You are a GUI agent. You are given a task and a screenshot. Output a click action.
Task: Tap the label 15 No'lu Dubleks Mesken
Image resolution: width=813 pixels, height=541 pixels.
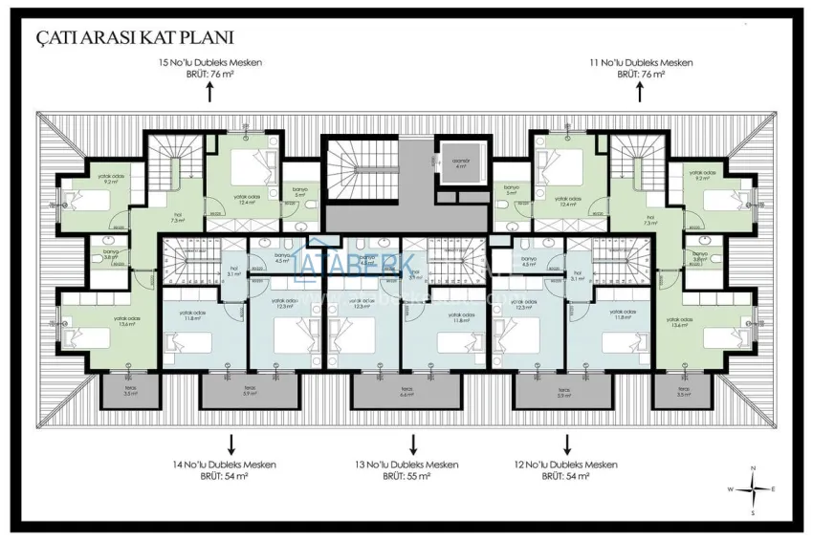pos(209,62)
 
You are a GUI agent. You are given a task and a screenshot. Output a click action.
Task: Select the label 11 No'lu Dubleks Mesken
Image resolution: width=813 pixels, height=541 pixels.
pos(640,62)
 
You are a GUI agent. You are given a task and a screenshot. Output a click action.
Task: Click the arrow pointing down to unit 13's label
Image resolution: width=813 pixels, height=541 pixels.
pos(413,444)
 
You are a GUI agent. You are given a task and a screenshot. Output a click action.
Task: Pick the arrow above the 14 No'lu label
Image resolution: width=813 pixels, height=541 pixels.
pos(230,444)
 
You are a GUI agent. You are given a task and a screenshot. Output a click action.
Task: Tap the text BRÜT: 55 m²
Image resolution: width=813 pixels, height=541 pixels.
pos(406,475)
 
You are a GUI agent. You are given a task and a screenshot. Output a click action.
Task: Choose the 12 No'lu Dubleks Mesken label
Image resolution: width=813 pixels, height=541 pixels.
pos(565,465)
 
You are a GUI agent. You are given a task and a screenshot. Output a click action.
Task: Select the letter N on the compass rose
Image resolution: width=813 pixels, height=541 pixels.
pos(754,467)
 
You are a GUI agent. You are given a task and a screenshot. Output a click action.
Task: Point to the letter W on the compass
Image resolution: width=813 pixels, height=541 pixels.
pos(731,489)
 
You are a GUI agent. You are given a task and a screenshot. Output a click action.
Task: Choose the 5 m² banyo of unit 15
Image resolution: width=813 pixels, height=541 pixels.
pos(299,192)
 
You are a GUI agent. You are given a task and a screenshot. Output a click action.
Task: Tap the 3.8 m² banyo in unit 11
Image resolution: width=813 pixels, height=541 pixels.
pos(702,256)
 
